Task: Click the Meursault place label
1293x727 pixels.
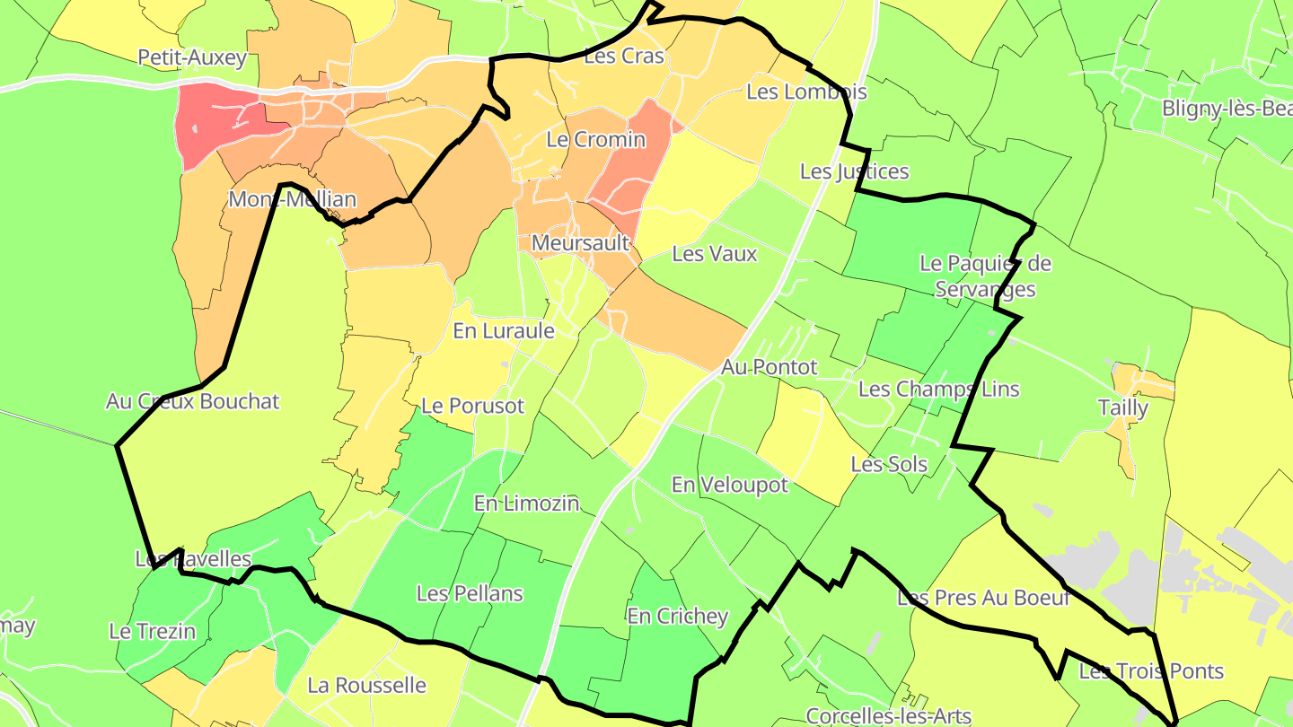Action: [x=580, y=243]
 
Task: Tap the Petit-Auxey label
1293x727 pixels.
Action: [x=191, y=58]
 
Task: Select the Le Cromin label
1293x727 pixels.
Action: [x=595, y=140]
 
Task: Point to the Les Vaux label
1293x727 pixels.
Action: [x=715, y=254]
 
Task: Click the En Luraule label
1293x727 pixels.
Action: [x=503, y=331]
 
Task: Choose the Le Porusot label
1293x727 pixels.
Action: [x=472, y=406]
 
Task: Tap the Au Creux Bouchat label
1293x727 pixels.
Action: [x=193, y=401]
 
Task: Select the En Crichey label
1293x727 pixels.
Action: [x=677, y=617]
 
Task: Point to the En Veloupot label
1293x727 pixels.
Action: [x=729, y=486]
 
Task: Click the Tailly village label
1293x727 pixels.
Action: [x=1123, y=408]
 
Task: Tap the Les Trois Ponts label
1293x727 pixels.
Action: [x=1151, y=671]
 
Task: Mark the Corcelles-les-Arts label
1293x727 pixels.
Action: [x=888, y=716]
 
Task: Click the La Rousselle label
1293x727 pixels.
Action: [x=366, y=686]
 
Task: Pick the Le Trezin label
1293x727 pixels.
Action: [x=152, y=632]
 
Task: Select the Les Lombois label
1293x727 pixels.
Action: [x=806, y=92]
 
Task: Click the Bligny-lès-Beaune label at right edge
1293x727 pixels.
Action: [x=1227, y=109]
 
